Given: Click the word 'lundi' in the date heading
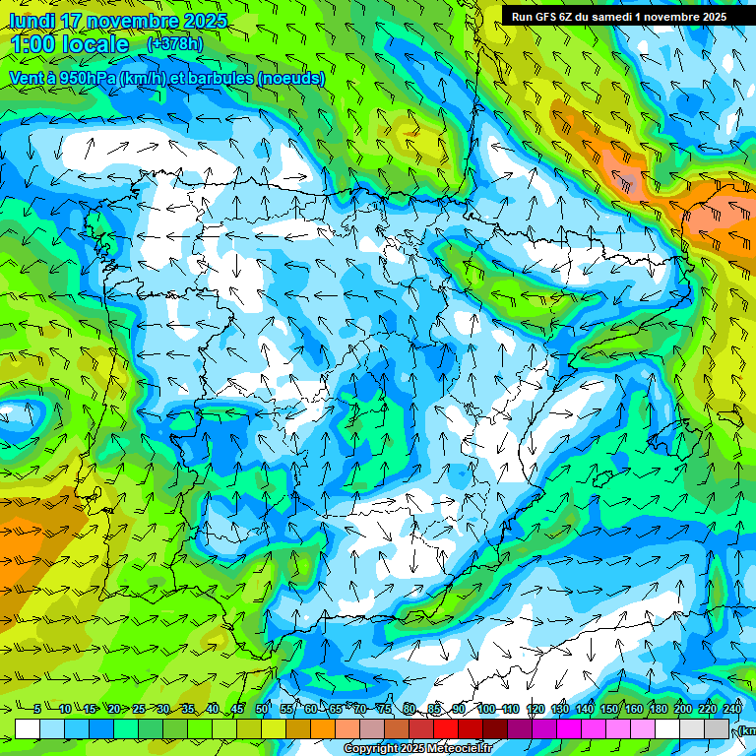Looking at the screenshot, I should pyautogui.click(x=32, y=21).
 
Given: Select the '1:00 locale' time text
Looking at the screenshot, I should pyautogui.click(x=69, y=44).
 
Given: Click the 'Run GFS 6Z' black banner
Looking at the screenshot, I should pyautogui.click(x=618, y=16).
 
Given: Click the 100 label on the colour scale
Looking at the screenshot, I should pyautogui.click(x=486, y=710).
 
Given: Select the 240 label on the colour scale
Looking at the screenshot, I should pyautogui.click(x=732, y=710).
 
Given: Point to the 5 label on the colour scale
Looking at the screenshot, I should pyautogui.click(x=37, y=710).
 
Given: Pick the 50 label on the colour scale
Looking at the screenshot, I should pyautogui.click(x=262, y=710).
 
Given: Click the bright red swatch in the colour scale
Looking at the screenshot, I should pyautogui.click(x=446, y=728).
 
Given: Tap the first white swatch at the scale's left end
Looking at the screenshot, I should pyautogui.click(x=28, y=728).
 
